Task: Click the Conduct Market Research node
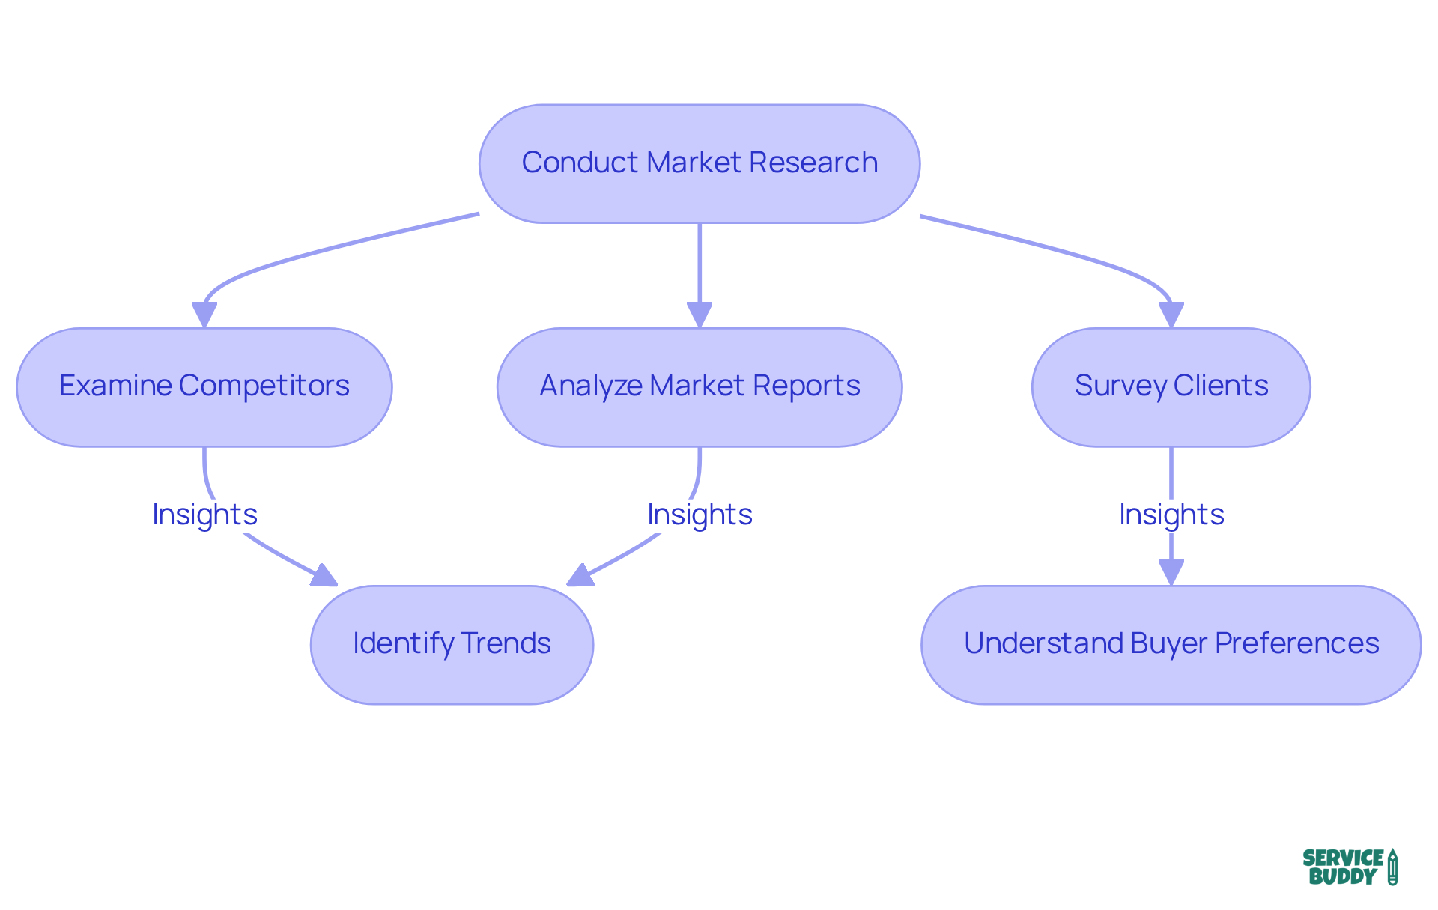[x=699, y=163]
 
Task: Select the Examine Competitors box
[x=204, y=387]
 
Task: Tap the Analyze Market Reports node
[x=699, y=387]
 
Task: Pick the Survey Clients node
[x=1171, y=387]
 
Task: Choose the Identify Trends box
[x=452, y=644]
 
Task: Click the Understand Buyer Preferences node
[x=1171, y=644]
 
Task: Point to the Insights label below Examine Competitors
[x=204, y=515]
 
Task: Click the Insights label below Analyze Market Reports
[x=700, y=515]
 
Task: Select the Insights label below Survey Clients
[x=1171, y=515]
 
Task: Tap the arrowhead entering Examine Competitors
[x=204, y=314]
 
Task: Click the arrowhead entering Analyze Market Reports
[x=699, y=314]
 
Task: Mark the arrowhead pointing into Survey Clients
[x=1171, y=314]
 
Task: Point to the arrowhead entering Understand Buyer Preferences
[x=1171, y=571]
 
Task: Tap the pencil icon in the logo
[x=1392, y=867]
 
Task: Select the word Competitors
[x=264, y=386]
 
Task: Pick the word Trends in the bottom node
[x=506, y=643]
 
